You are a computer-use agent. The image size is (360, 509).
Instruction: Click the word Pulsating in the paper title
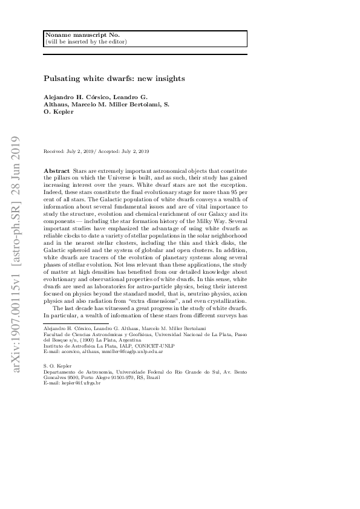click(x=62, y=79)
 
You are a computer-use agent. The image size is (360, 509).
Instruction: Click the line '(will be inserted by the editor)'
click(x=85, y=42)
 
